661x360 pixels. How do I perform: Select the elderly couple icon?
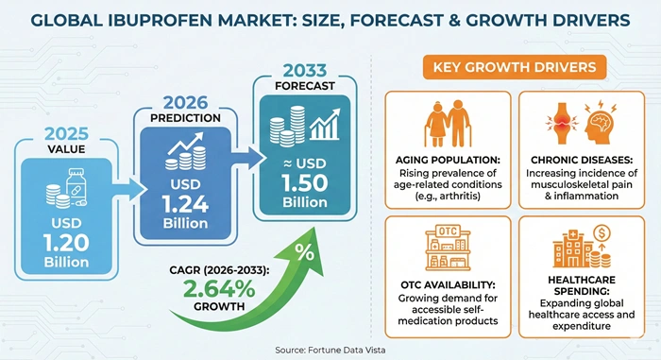point(447,122)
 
